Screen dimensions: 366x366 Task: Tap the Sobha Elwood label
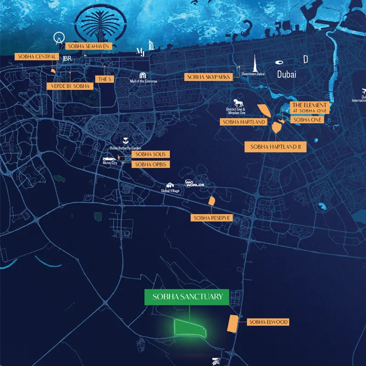pos(268,322)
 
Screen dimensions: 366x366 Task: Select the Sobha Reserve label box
pos(212,218)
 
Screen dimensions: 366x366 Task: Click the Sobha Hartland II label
pos(275,147)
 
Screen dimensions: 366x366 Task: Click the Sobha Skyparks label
pos(209,77)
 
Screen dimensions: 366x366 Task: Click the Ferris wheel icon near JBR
pos(58,38)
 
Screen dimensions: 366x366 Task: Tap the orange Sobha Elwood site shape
pos(233,323)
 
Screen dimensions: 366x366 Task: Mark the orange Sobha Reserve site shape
pos(212,201)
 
